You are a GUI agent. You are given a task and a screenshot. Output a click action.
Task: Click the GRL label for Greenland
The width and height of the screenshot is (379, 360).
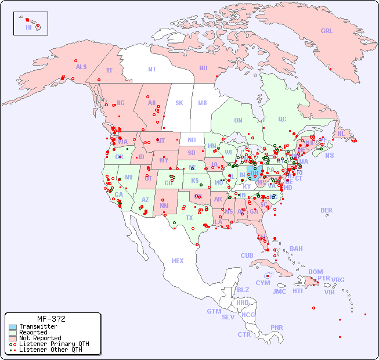[327, 31]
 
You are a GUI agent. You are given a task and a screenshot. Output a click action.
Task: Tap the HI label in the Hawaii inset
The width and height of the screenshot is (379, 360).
[28, 27]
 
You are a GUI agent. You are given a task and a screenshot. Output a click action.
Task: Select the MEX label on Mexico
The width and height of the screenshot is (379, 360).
[178, 261]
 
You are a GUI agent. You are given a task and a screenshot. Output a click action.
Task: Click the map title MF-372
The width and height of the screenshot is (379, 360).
[51, 319]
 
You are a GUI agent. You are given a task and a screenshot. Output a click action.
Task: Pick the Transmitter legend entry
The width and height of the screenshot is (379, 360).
[38, 327]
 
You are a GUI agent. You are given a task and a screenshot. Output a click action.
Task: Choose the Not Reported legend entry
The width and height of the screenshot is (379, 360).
[39, 338]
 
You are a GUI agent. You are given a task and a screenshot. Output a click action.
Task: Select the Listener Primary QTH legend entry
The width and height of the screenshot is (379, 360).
[53, 344]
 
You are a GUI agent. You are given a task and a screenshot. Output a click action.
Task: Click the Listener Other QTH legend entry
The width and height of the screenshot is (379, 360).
[50, 350]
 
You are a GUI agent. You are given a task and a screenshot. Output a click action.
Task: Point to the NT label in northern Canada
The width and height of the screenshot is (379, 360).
[152, 69]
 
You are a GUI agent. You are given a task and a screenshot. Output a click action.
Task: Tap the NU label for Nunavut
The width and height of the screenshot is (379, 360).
[203, 68]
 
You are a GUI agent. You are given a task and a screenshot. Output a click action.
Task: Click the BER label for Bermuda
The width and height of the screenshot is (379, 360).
[327, 210]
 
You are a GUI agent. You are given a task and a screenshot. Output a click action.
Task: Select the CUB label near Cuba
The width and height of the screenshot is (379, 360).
[247, 255]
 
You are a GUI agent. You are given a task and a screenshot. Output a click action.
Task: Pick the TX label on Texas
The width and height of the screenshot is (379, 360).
[189, 218]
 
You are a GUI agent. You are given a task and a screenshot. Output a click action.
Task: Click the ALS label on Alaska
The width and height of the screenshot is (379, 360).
[81, 67]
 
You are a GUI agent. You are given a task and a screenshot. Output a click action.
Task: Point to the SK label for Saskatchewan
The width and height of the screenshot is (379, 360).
[179, 103]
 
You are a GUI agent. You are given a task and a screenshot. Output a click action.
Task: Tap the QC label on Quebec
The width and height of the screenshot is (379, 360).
[282, 119]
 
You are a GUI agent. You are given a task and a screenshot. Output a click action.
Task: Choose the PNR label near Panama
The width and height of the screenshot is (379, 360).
[277, 327]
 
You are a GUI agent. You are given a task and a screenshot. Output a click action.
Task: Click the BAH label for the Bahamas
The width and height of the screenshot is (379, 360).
[296, 249]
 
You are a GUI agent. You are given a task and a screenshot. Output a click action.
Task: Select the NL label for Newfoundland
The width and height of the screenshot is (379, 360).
[341, 133]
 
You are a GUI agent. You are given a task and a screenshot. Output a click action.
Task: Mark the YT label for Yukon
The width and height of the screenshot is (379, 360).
[109, 70]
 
